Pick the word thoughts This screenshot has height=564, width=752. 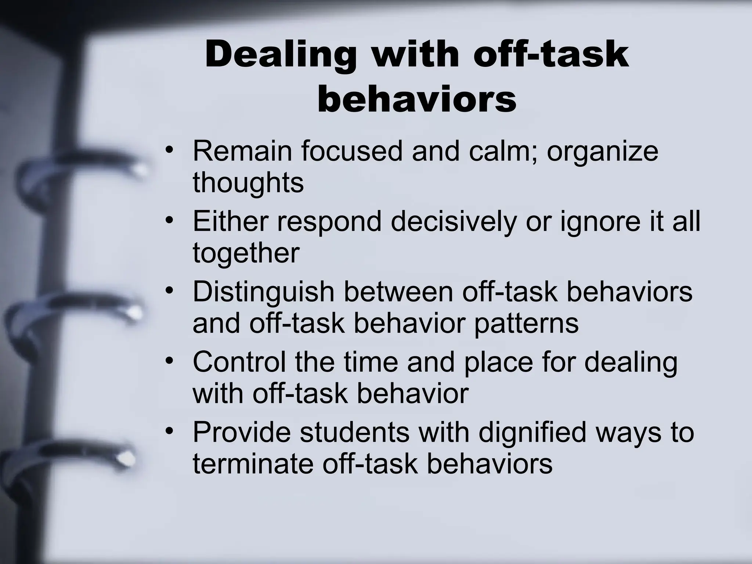(x=248, y=182)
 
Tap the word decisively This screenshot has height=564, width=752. (x=453, y=222)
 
